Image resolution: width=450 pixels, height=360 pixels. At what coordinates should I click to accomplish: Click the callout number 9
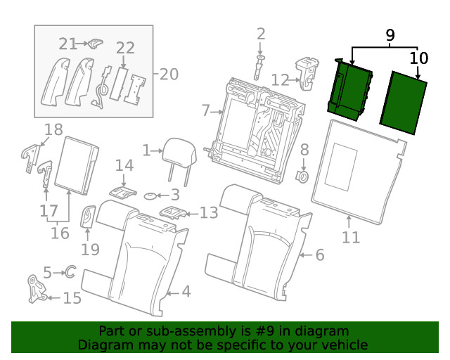pos(390,34)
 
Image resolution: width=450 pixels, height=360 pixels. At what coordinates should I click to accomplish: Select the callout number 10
pos(418,58)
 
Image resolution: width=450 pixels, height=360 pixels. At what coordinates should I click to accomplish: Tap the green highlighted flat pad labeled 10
pos(404,103)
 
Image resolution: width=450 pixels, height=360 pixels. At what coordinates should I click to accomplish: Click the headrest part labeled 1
pos(174,150)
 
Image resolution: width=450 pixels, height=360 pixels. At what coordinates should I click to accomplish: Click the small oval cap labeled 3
pos(153,195)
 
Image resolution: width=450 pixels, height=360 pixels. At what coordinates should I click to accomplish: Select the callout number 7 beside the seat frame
pos(205,110)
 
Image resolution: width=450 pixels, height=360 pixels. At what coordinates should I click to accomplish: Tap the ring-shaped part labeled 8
pos(303,174)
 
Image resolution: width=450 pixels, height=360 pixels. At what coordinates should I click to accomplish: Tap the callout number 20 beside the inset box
pos(169,74)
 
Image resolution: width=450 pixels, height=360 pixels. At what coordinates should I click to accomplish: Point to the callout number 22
pos(125,48)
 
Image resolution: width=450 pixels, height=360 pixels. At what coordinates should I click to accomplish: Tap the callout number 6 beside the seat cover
pos(319,255)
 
